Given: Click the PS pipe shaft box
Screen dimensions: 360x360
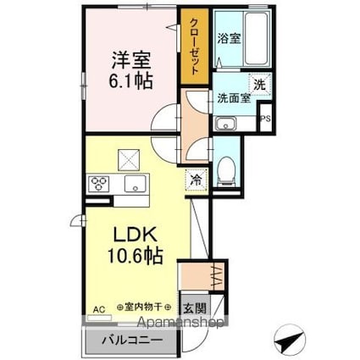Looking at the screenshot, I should click(265, 119).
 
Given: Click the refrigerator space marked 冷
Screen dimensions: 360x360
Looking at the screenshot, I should click(196, 180).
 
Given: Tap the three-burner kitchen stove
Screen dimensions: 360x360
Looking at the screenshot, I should click(98, 183).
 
